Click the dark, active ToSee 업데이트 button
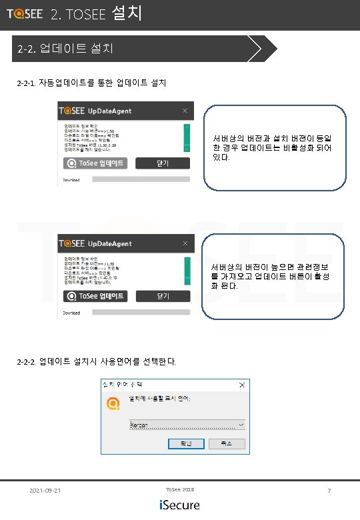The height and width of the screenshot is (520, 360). pos(94,296)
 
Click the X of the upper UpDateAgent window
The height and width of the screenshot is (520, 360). pos(185,111)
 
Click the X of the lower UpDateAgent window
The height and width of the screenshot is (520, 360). pos(185,243)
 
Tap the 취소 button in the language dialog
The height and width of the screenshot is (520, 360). pos(227,443)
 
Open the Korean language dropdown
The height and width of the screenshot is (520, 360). pos(187,425)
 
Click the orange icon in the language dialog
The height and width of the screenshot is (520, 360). pos(113,403)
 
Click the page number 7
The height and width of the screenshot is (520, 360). pos(329,491)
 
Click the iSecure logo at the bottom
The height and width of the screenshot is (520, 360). pos(179,505)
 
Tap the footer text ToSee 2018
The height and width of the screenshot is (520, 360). pos(179,490)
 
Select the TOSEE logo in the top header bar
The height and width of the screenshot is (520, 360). pos(25,13)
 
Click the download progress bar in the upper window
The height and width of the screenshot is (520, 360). pos(140,179)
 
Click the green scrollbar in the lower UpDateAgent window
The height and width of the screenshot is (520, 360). pos(187,269)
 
